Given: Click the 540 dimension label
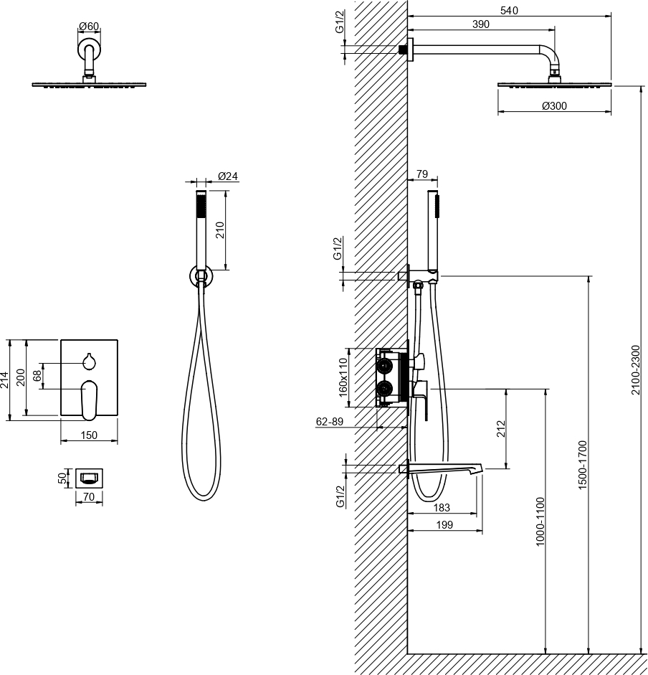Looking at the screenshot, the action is tap(509, 10).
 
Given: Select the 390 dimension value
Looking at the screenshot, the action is tap(480, 24).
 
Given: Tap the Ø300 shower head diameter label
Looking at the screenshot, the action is tap(554, 105).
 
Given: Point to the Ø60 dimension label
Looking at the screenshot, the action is tap(89, 27).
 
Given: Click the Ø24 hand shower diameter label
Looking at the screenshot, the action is tap(228, 176).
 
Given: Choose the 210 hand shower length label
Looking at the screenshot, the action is tap(219, 230).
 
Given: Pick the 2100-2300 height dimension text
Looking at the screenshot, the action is tap(636, 370).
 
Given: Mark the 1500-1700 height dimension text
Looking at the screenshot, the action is tap(583, 465).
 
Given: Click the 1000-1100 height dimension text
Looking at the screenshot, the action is tap(540, 521).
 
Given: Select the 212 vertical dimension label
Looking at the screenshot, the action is tap(501, 429).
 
